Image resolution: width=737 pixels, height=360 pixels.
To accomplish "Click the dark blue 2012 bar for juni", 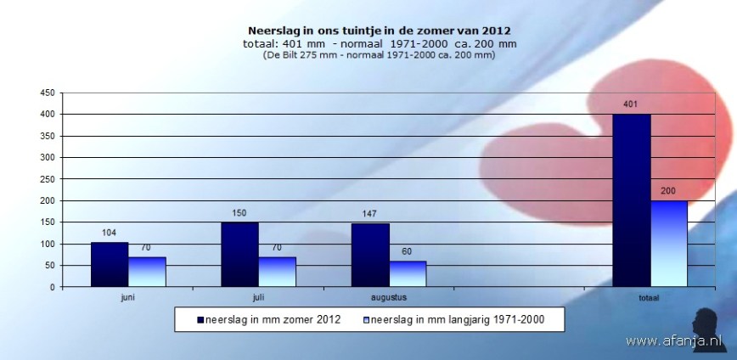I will [110, 264].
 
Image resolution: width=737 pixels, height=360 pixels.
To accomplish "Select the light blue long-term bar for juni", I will [147, 272].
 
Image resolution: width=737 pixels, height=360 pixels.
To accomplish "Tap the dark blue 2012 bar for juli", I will [239, 255].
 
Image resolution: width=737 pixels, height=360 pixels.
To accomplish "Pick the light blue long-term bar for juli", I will [277, 272].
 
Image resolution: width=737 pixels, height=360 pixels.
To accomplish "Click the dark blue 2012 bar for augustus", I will [370, 255].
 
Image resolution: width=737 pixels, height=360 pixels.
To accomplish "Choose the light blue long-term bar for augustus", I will [408, 274].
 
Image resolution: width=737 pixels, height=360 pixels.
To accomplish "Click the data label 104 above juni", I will [108, 233].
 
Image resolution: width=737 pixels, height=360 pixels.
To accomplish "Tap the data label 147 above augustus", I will [369, 214].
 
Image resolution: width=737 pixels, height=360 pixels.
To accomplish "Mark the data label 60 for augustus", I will [407, 251].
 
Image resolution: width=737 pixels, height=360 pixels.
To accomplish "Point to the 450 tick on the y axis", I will [47, 93].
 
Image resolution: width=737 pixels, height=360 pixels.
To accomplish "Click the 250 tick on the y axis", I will [47, 179].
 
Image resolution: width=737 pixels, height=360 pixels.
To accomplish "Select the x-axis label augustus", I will [388, 298].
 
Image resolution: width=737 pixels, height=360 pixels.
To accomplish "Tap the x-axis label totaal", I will [650, 298].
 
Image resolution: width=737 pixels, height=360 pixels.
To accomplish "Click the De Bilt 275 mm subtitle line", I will [368, 55].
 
